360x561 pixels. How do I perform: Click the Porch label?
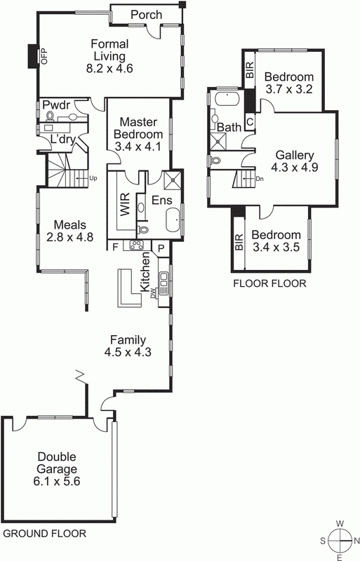[x=147, y=15]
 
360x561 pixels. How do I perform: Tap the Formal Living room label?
[x=109, y=50]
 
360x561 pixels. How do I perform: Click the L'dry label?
[x=62, y=139]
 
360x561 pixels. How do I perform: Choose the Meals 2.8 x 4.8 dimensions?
[x=70, y=237]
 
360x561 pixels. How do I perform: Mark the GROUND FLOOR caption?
[x=45, y=534]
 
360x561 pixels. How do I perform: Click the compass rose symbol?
[x=339, y=540]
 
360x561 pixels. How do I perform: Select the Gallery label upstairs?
[x=294, y=155]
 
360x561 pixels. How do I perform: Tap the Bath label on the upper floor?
[x=229, y=128]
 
